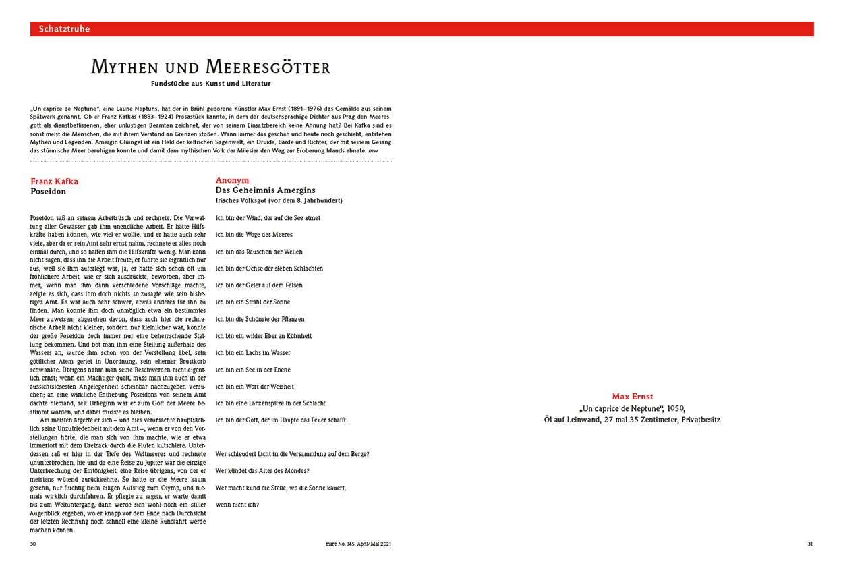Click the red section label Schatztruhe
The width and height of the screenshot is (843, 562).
pos(64,29)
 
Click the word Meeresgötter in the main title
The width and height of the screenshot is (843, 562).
pos(268,67)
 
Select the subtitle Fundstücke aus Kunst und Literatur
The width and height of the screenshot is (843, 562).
pos(211,84)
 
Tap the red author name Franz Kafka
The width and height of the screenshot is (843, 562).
pos(55,181)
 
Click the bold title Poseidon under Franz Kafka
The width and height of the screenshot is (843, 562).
pos(49,192)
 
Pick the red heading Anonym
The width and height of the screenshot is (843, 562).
pos(232,180)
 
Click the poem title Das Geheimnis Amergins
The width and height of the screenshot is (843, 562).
pos(265,190)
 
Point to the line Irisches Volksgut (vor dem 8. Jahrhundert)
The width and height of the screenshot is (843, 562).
pos(279,200)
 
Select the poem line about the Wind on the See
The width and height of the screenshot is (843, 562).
pos(268,218)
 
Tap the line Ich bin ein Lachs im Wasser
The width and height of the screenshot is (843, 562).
pos(253,353)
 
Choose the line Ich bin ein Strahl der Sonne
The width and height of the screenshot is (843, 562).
pos(253,302)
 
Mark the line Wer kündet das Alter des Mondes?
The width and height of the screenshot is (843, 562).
pos(262,470)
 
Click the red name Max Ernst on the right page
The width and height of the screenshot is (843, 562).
pos(632,397)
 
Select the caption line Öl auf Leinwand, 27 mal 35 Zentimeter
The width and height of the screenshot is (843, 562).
pos(632,420)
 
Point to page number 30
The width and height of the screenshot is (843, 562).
pos(33,544)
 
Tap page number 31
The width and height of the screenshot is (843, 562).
pos(810,544)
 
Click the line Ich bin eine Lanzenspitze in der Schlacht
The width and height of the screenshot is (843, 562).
pos(270,403)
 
